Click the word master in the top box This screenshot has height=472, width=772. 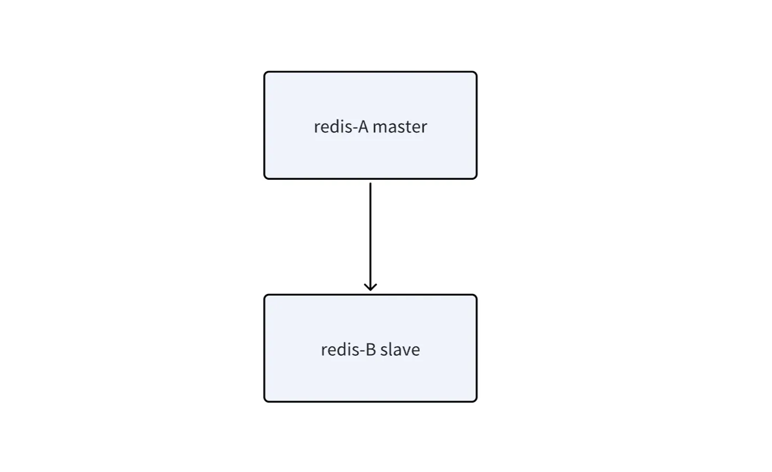coord(400,127)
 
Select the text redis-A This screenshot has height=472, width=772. coord(341,126)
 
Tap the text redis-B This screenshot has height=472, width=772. coord(349,350)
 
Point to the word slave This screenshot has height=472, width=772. coord(400,350)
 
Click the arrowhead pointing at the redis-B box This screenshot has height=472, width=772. coord(371,287)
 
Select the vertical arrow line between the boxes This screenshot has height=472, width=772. coord(371,237)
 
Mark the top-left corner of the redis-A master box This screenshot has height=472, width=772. coord(265,72)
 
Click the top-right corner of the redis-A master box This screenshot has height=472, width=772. coord(476,72)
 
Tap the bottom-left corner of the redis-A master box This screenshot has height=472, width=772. coord(265,179)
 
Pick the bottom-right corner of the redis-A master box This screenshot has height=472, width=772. coord(476,179)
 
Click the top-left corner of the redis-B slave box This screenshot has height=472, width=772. coord(265,295)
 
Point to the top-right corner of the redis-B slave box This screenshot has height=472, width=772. coord(476,295)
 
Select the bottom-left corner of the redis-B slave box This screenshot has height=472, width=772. coord(265,401)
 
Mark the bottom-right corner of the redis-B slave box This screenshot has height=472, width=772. coord(476,401)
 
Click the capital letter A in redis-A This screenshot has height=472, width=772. coord(363,127)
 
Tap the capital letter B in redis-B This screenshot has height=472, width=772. coord(371,350)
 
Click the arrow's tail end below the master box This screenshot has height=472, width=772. coord(371,183)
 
